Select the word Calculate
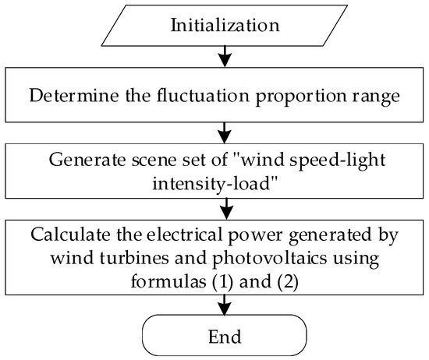click(x=67, y=235)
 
